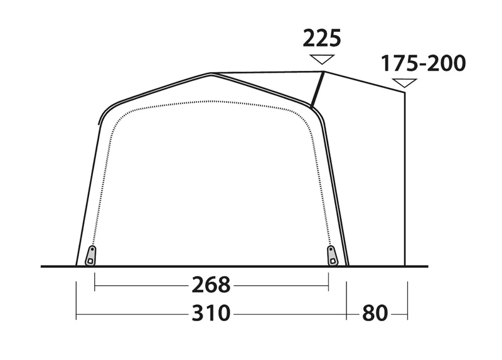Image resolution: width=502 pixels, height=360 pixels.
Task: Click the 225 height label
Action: [322, 38]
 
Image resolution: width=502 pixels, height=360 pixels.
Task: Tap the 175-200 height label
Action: [423, 63]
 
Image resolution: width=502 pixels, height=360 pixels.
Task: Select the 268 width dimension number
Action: [211, 285]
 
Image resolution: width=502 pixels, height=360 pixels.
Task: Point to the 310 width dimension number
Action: [211, 313]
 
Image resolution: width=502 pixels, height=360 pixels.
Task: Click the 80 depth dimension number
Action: [375, 313]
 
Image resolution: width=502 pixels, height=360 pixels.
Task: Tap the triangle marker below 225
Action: [322, 59]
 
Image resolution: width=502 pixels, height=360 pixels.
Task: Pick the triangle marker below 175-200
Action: [404, 83]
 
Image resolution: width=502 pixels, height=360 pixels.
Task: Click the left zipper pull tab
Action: [91, 255]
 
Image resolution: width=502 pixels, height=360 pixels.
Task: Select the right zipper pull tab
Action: [333, 255]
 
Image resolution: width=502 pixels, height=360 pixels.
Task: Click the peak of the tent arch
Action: [211, 74]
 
